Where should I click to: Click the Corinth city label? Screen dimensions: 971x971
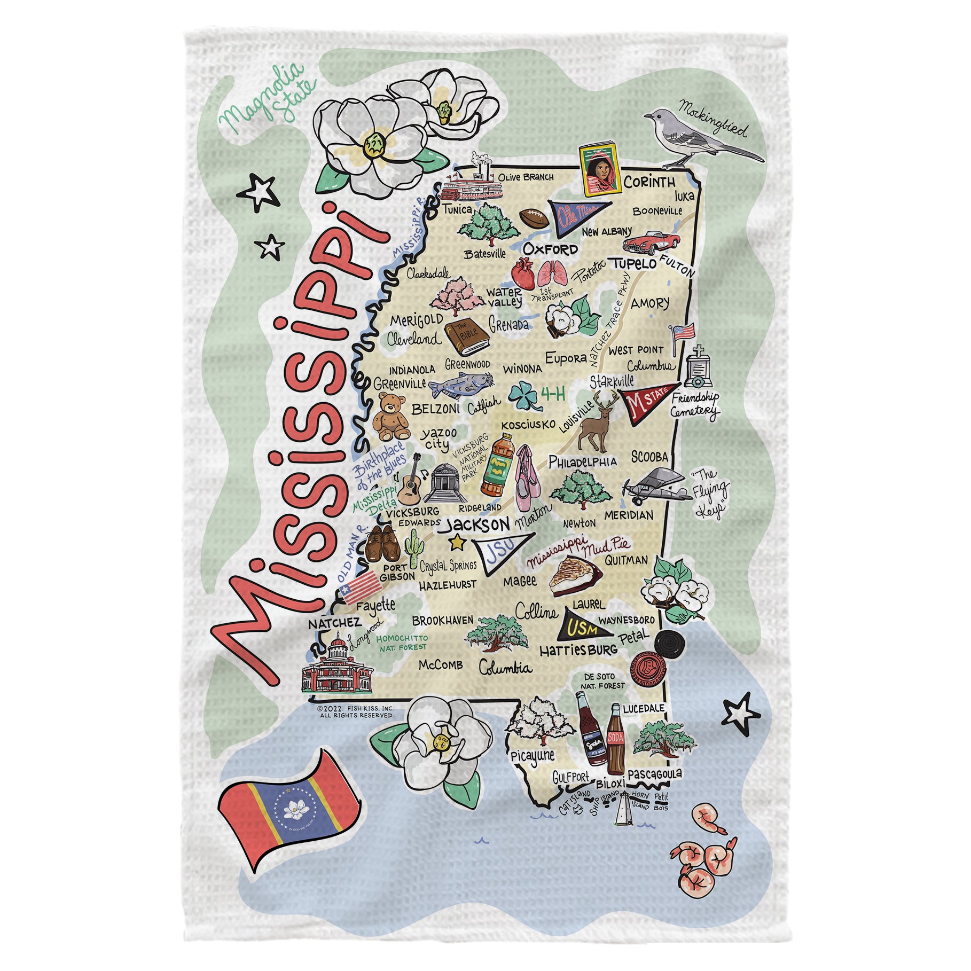[x=649, y=183]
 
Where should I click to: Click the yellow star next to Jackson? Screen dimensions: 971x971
[x=457, y=543]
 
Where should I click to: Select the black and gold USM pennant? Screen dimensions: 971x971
[x=582, y=629]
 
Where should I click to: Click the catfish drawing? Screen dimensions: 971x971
[x=460, y=385]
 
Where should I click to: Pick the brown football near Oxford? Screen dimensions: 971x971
[x=535, y=217]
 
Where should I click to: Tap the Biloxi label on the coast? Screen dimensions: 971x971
[x=610, y=782]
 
